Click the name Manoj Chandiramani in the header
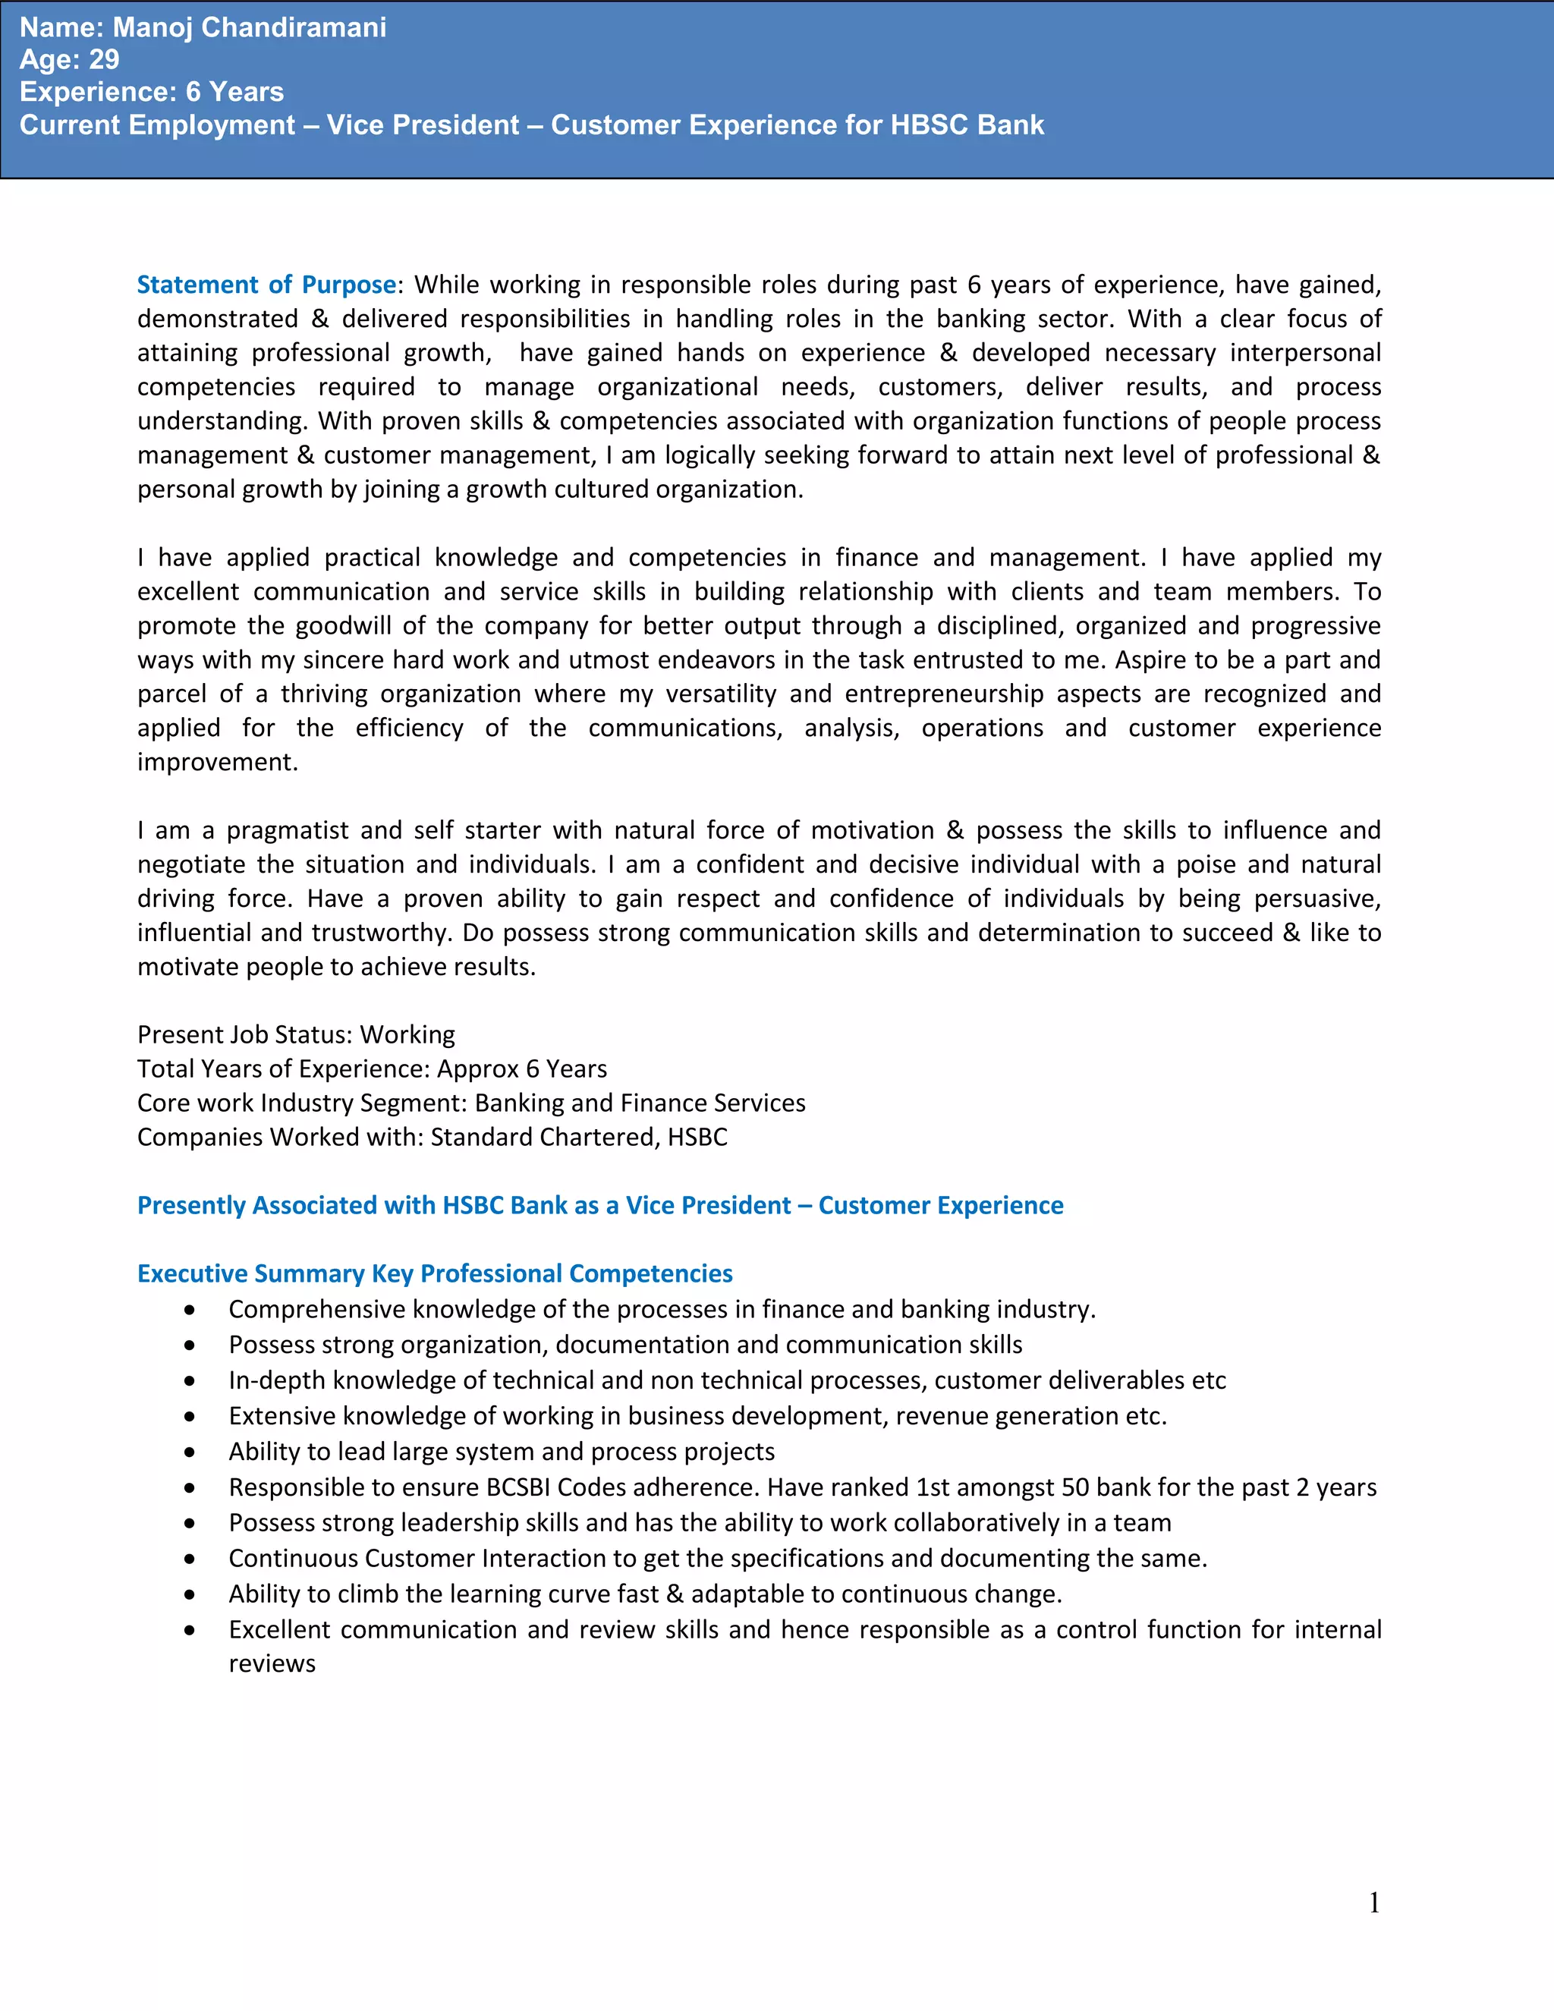click(x=249, y=27)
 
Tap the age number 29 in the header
click(x=104, y=60)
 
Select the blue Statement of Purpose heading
click(x=266, y=285)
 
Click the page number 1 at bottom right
click(x=1373, y=1902)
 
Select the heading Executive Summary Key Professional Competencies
click(x=435, y=1273)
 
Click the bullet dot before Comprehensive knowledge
click(x=190, y=1311)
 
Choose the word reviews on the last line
click(x=272, y=1664)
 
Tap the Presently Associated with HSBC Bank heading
click(x=600, y=1205)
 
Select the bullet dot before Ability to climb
click(x=190, y=1595)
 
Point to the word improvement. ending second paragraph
click(x=217, y=763)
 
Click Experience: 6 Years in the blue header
click(x=151, y=92)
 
